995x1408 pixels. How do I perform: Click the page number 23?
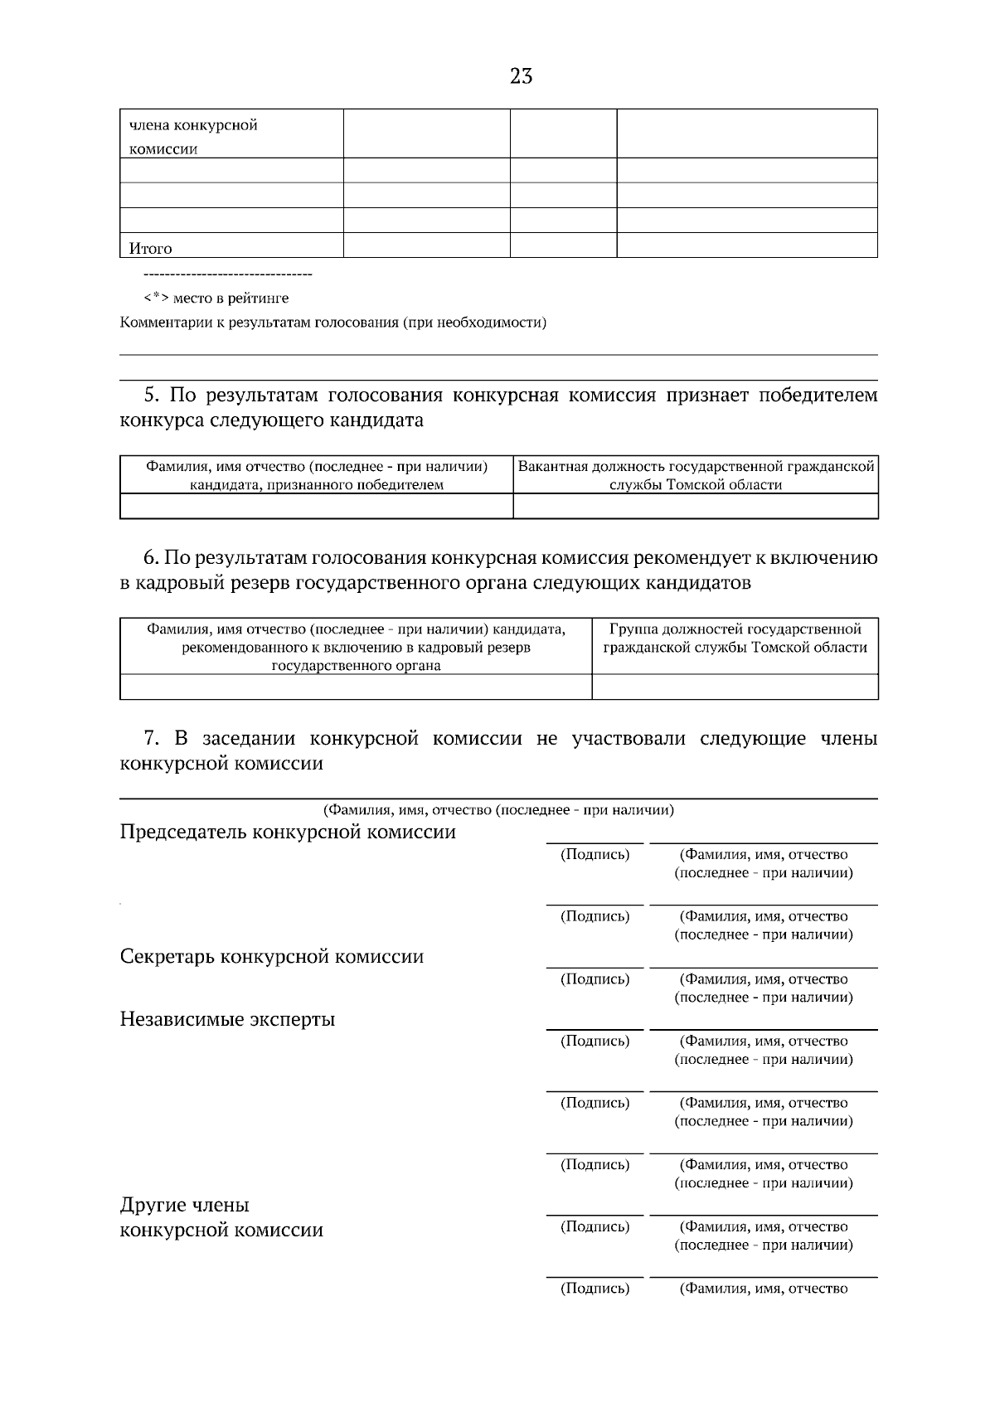click(x=521, y=77)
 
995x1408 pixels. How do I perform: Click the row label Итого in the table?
click(x=150, y=248)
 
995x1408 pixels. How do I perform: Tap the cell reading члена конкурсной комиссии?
click(x=193, y=137)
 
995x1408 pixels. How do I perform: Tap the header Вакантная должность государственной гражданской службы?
click(x=696, y=475)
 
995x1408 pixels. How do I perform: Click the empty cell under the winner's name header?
click(x=316, y=506)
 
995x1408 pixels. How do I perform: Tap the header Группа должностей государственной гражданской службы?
click(x=735, y=638)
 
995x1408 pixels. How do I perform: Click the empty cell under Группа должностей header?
click(x=735, y=687)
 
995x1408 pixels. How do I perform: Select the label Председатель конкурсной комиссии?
click(x=288, y=832)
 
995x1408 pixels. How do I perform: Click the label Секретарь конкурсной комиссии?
click(x=272, y=957)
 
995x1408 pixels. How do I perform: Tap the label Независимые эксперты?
click(x=227, y=1019)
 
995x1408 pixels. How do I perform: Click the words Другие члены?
click(x=184, y=1205)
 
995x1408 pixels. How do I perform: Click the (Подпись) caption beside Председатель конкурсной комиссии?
click(x=595, y=854)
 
